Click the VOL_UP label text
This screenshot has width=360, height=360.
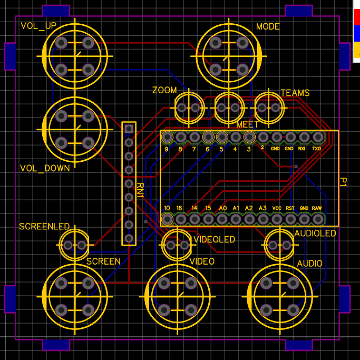pos(38,26)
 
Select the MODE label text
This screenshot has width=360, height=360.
pos(268,27)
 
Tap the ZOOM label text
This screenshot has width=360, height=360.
pos(164,90)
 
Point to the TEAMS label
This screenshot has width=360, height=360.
pos(295,93)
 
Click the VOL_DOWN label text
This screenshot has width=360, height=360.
pos(45,168)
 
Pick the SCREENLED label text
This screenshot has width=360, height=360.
pos(44,226)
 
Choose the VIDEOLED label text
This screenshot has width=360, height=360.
pos(215,239)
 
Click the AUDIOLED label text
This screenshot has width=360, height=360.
pos(315,233)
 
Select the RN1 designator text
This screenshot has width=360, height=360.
pos(140,190)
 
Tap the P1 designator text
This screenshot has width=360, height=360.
pos(343,182)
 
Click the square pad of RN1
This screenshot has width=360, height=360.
pos(129,129)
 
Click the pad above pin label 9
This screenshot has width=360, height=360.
pos(167,137)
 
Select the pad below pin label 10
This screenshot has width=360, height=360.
pos(167,219)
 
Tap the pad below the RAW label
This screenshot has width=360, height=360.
pos(318,219)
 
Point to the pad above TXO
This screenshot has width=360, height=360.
pos(318,137)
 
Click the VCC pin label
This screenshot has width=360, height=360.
pos(277,208)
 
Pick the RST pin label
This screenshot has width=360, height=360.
pos(290,208)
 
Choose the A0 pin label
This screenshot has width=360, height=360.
pos(222,208)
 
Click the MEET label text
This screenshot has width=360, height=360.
pos(247,124)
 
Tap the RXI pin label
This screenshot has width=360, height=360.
pos(301,149)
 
